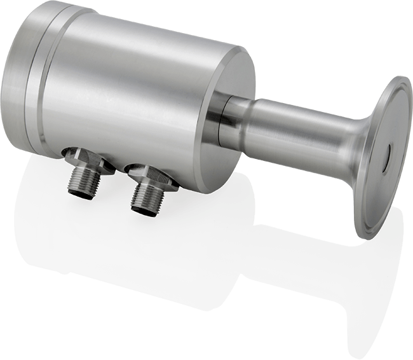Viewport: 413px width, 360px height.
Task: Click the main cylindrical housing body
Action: pyautogui.click(x=127, y=95)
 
